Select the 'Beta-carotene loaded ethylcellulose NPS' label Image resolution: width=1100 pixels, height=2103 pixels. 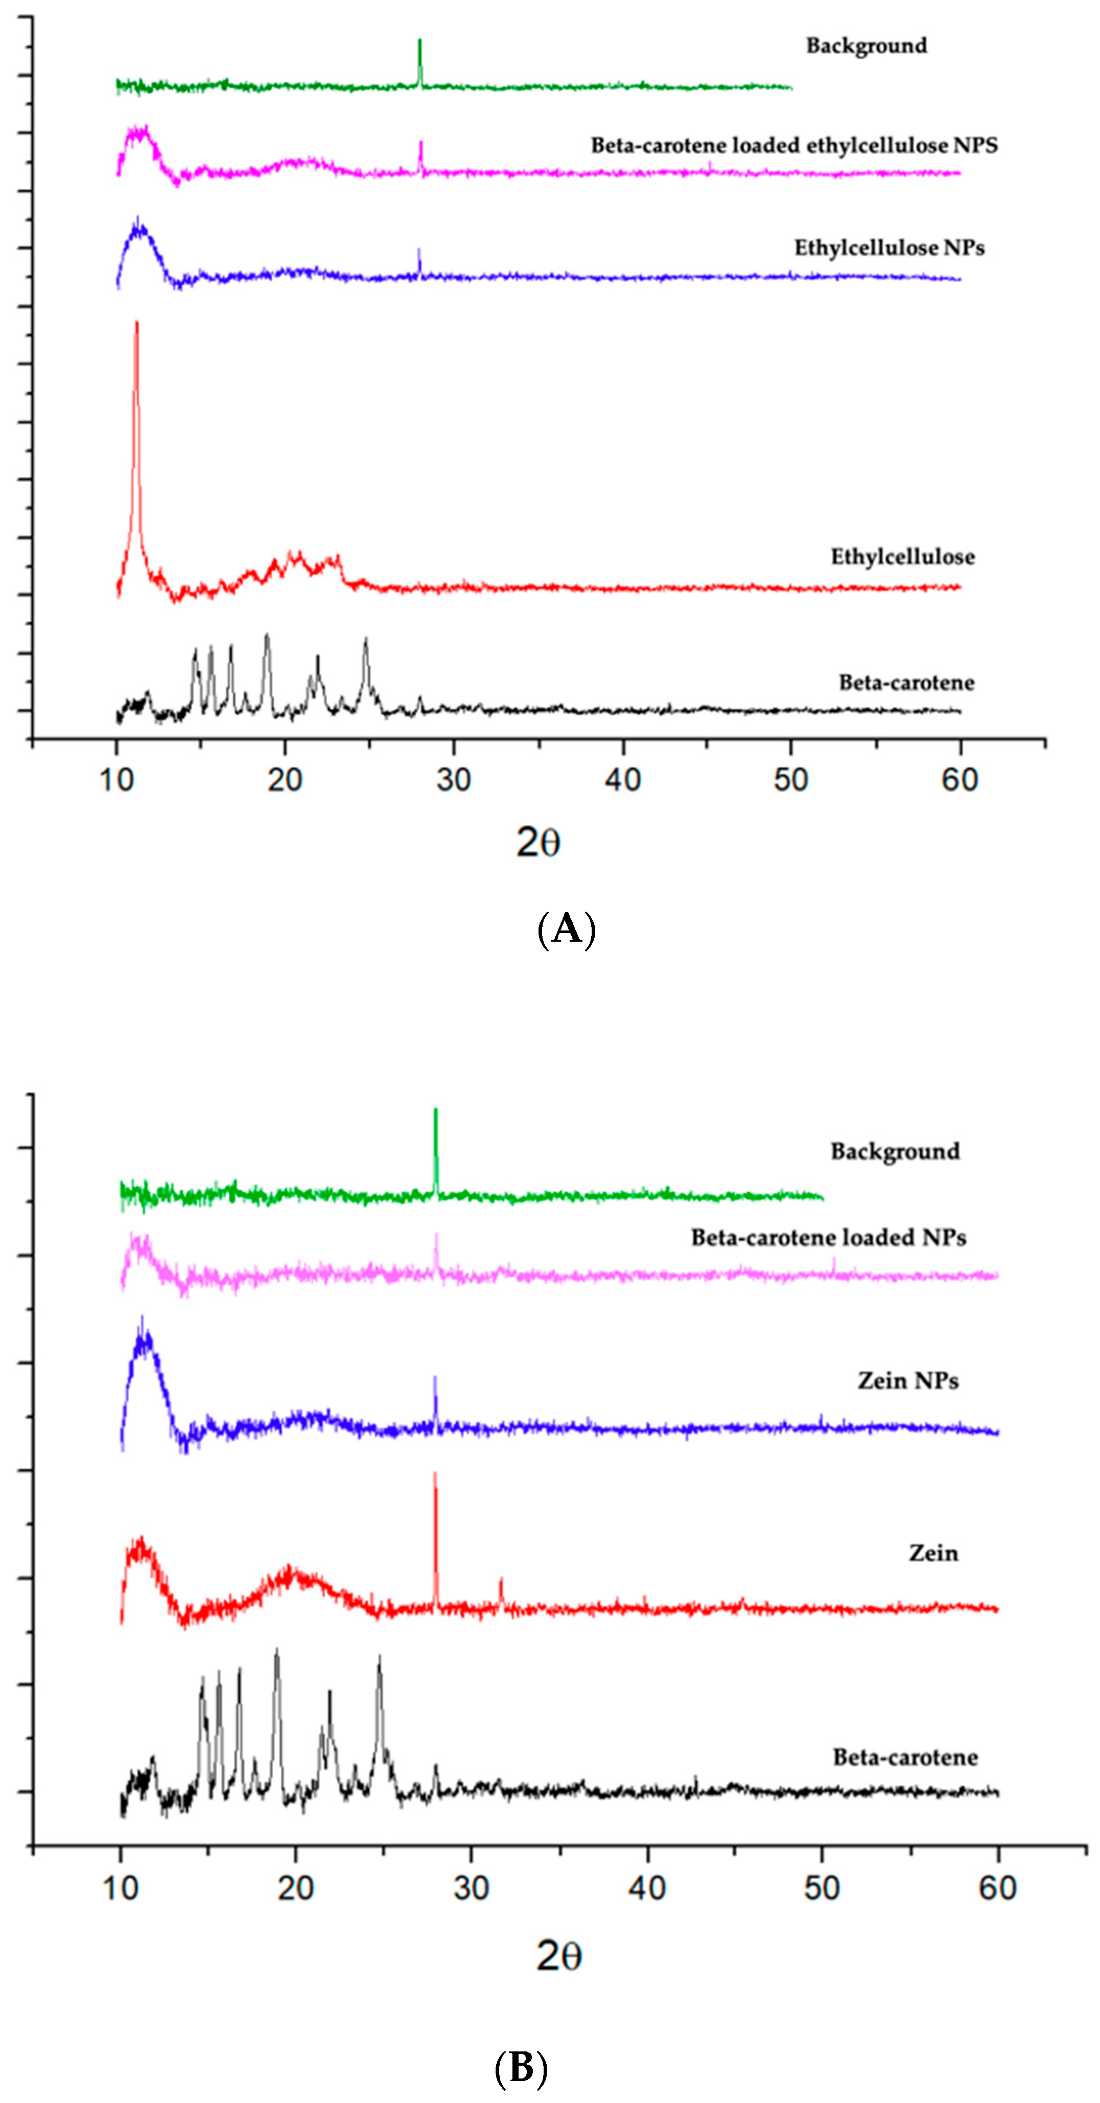(x=794, y=146)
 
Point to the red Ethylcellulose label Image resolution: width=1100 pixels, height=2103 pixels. (x=902, y=557)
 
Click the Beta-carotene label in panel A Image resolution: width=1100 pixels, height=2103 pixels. (x=906, y=682)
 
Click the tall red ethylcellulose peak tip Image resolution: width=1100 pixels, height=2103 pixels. (x=136, y=323)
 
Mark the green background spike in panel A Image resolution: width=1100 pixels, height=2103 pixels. (x=420, y=41)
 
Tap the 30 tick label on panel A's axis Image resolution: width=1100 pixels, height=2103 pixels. (x=453, y=780)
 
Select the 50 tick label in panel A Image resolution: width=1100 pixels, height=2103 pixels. (x=790, y=780)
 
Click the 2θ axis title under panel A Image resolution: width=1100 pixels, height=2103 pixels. (x=538, y=842)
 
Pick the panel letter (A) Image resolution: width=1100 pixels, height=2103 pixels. (x=567, y=929)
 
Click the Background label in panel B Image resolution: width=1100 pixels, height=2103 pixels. (x=895, y=1151)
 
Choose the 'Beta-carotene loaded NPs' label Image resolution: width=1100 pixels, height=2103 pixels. (x=828, y=1237)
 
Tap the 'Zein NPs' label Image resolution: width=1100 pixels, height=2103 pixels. (x=907, y=1380)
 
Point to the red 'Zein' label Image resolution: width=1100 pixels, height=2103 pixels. (x=933, y=1553)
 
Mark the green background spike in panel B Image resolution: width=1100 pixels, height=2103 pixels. (x=436, y=1110)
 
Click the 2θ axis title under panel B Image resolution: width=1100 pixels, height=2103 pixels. (x=558, y=1956)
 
